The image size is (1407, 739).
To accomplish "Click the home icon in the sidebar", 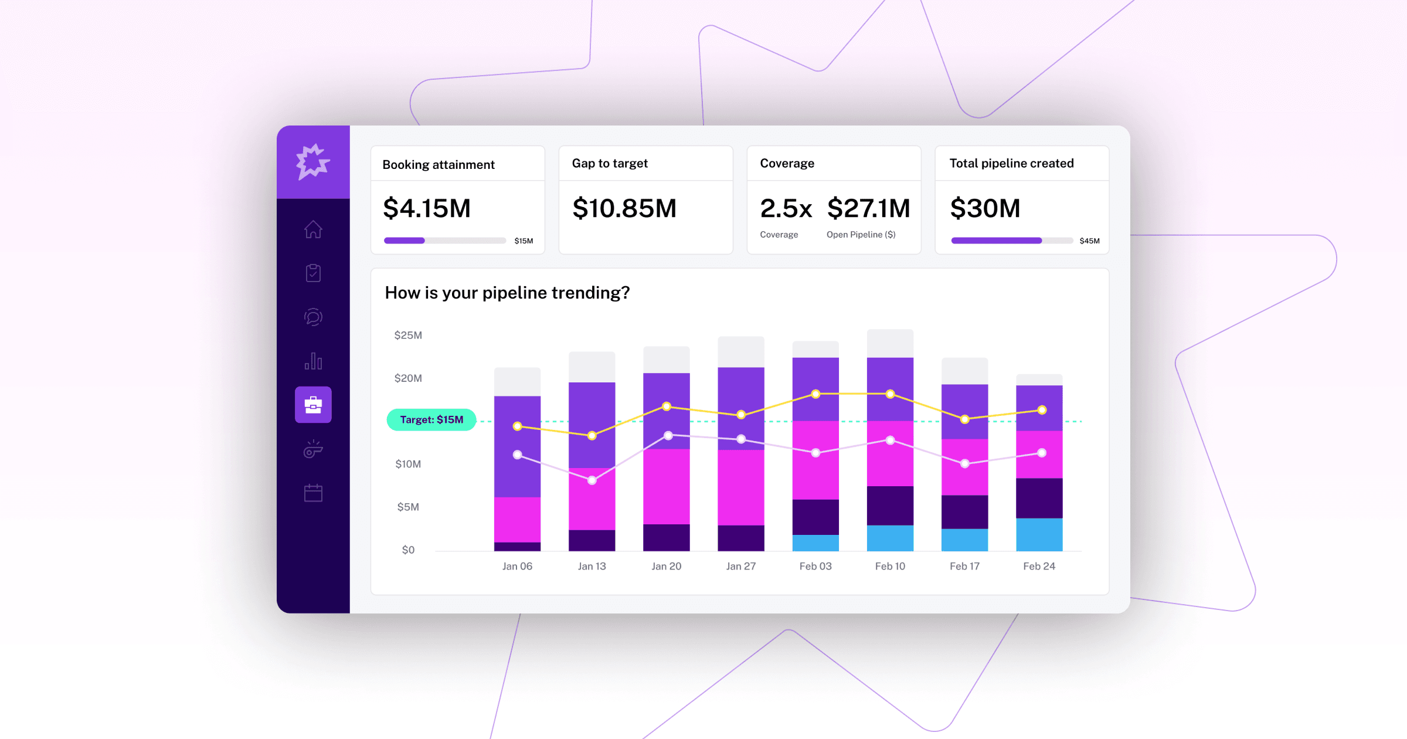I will coord(313,229).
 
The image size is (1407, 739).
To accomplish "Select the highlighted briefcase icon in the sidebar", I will coord(313,405).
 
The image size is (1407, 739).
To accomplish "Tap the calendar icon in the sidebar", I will coord(313,493).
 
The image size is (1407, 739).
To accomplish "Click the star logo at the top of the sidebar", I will coord(313,161).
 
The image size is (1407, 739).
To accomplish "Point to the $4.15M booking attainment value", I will coord(427,209).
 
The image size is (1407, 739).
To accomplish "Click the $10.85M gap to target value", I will coord(624,209).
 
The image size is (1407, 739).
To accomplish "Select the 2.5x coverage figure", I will coord(786,209).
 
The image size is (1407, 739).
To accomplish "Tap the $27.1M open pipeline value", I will coord(868,209).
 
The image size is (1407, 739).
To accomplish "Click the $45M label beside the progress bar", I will coord(1089,241).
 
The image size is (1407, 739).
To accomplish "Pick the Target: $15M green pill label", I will coord(431,420).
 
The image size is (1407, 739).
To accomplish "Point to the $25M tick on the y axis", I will coord(408,335).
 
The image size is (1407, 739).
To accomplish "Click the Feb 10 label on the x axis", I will coord(890,566).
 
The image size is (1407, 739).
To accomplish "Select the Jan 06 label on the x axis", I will coord(517,566).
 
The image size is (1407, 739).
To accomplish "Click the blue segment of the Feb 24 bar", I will coord(1039,534).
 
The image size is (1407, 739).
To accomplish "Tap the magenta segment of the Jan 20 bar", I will coord(666,487).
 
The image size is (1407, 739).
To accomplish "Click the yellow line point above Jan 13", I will coord(592,436).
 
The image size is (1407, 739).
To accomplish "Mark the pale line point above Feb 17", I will coord(965,463).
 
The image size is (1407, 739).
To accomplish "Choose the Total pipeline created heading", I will coord(1011,164).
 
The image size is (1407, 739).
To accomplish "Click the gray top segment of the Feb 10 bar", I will coord(890,344).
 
